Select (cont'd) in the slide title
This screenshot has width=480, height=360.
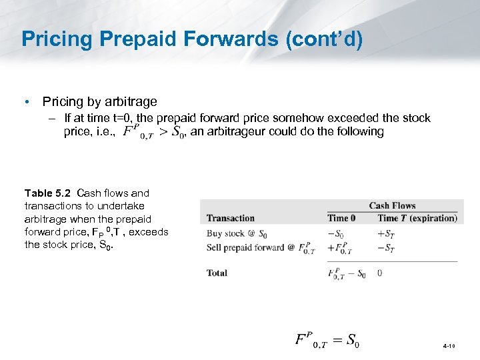pos(324,39)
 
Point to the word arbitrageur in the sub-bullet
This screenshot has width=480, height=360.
pos(228,131)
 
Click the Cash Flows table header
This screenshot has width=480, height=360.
pos(392,206)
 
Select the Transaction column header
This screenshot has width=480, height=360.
pos(231,218)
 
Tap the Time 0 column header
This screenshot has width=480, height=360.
pos(341,218)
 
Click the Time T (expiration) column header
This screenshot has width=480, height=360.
pos(417,218)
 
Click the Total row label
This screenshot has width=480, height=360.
pos(217,273)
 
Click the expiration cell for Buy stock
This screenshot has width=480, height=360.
pos(386,234)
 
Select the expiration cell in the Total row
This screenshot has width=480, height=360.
pos(379,273)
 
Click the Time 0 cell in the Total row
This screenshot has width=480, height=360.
pos(346,273)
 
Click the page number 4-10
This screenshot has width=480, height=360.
pos(449,347)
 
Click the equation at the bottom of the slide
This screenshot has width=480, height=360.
pos(327,339)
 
